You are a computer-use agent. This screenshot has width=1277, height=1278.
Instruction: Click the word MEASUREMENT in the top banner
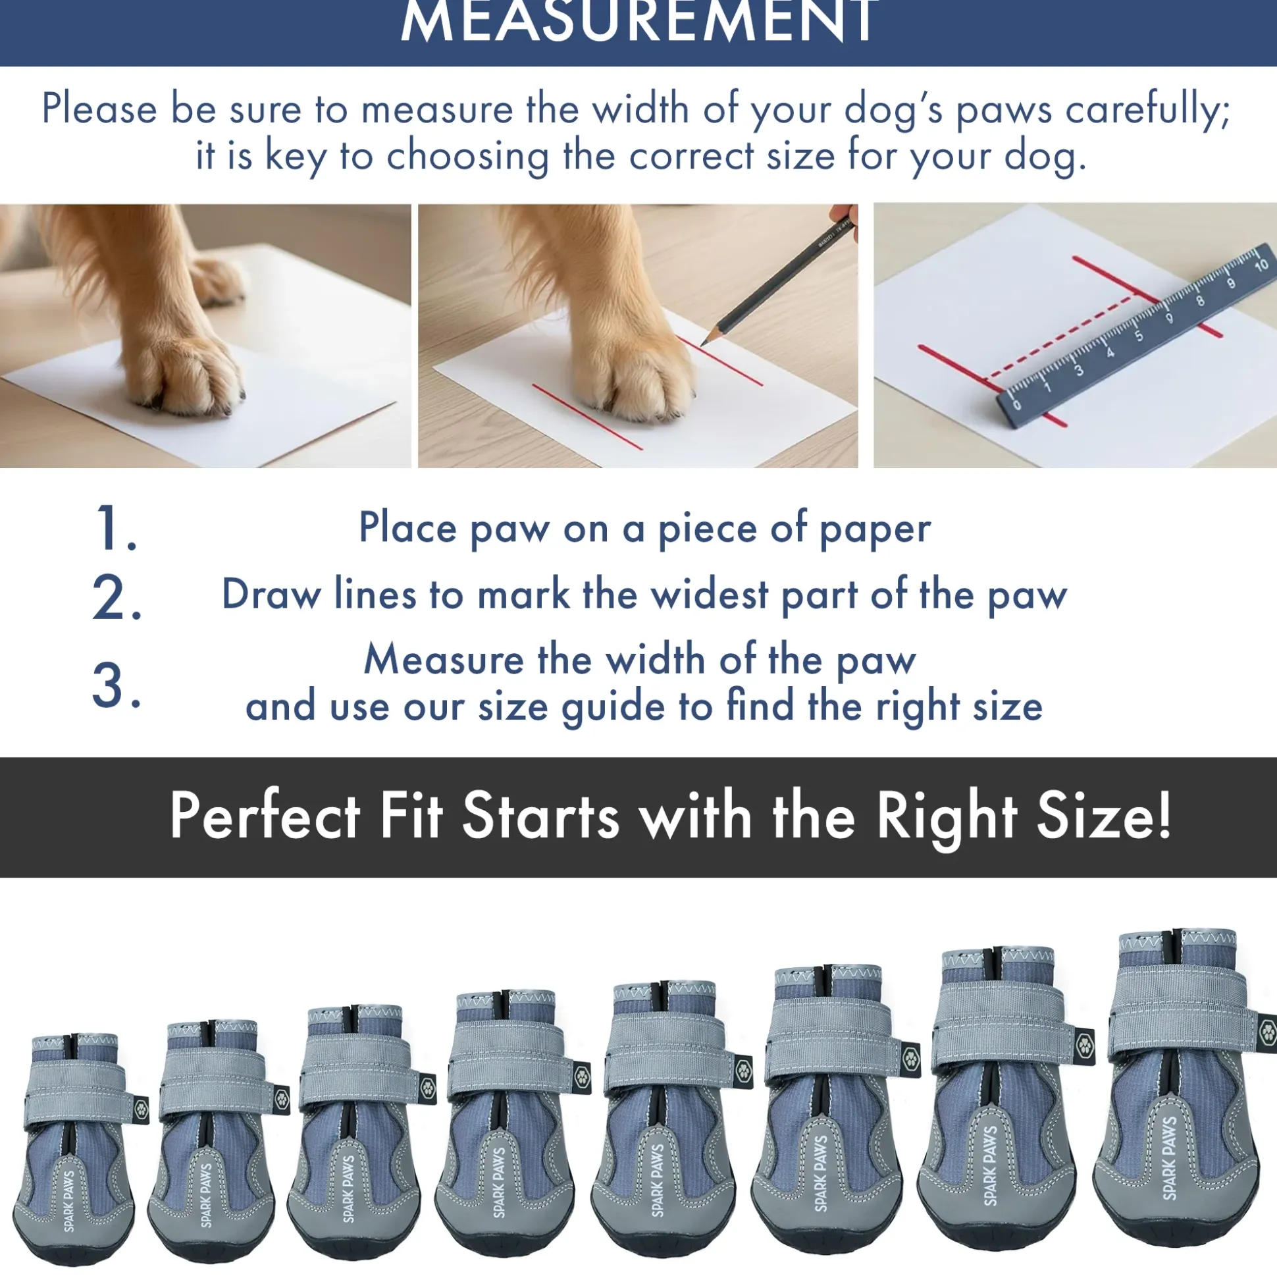[x=640, y=21]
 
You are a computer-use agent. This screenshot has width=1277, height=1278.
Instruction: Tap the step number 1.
[x=117, y=527]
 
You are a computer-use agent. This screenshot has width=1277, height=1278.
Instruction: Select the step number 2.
[x=117, y=597]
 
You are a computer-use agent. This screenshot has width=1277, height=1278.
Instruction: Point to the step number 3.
[x=117, y=685]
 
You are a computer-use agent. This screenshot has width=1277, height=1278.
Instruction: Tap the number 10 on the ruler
[x=1261, y=265]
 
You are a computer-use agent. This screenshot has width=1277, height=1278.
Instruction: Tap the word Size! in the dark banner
[x=1104, y=816]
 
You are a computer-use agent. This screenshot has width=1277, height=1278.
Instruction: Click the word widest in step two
[x=709, y=594]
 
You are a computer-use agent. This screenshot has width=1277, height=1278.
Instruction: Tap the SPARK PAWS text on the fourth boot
[x=499, y=1183]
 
